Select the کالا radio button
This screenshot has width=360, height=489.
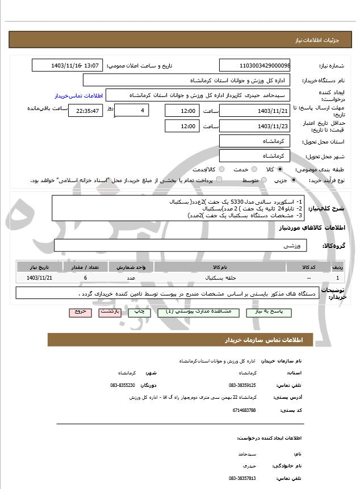click(280, 169)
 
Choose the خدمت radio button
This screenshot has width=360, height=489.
click(254, 169)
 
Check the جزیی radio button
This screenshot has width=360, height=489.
click(293, 180)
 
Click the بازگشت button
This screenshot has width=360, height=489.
click(108, 312)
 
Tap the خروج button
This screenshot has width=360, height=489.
click(79, 312)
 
